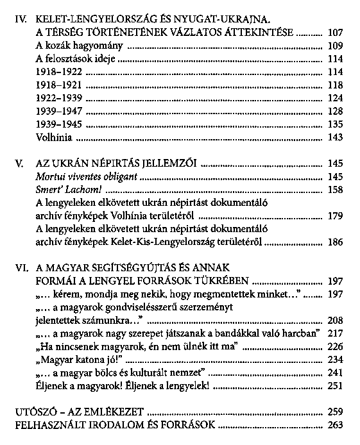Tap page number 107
335,32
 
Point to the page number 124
335,99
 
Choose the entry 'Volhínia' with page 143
55,138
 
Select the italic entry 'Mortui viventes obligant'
86,176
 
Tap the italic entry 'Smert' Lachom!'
68,190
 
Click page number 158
335,190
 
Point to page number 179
335,217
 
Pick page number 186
335,244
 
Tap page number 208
335,321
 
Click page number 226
335,347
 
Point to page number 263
335,424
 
